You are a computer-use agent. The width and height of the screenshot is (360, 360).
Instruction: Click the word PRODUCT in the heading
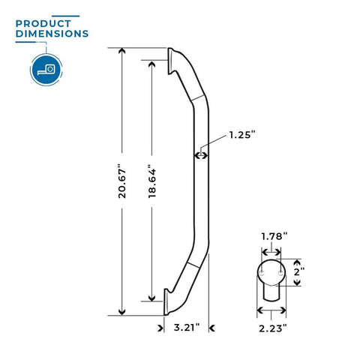click(43, 24)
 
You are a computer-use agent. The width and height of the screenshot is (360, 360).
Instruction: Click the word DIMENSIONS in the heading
click(52, 34)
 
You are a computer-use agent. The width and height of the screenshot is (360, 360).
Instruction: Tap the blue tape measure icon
click(46, 70)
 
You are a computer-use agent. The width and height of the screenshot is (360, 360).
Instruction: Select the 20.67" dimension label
click(122, 181)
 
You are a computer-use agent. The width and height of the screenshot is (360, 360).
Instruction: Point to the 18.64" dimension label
click(152, 181)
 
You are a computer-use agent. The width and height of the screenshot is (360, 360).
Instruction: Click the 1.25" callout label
click(242, 135)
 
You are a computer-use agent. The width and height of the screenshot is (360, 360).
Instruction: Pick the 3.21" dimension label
click(187, 327)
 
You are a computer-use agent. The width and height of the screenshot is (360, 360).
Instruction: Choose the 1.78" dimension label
click(274, 236)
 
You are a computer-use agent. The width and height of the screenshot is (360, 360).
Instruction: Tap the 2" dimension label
click(299, 271)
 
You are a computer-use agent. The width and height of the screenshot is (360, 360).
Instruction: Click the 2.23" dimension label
click(272, 328)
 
